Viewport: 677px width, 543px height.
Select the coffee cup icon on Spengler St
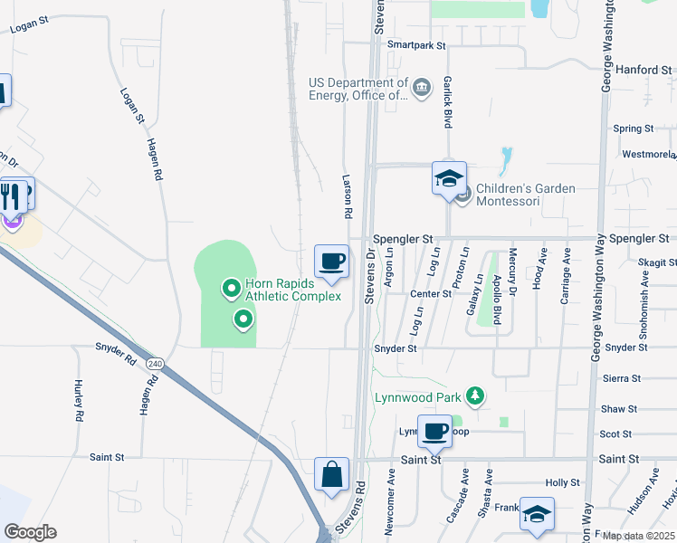[x=331, y=262]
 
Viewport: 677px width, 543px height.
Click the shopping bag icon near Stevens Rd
[x=331, y=474]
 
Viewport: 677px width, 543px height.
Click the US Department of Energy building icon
[x=421, y=88]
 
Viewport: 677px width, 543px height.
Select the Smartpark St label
[x=416, y=44]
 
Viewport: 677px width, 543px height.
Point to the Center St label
[x=431, y=294]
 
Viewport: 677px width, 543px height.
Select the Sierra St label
[x=622, y=378]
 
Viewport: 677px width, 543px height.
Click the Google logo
[x=29, y=532]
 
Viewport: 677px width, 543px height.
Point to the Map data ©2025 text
[x=638, y=536]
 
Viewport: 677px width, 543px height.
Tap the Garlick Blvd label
[x=447, y=100]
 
